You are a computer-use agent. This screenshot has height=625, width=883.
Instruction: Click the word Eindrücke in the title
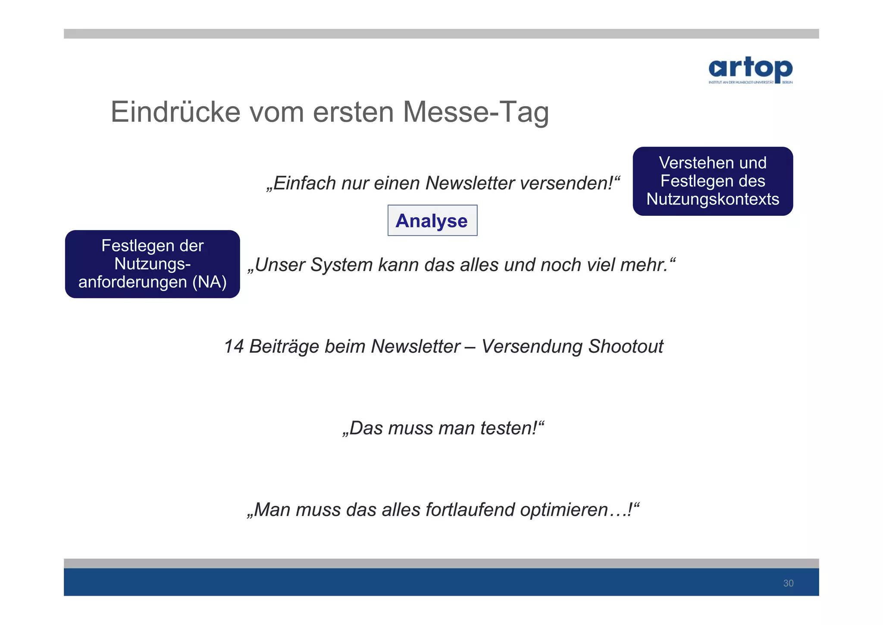pyautogui.click(x=175, y=112)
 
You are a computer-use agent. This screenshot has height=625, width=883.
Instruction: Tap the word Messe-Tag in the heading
pyautogui.click(x=476, y=112)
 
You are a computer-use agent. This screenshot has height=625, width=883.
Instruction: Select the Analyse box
pyautogui.click(x=432, y=221)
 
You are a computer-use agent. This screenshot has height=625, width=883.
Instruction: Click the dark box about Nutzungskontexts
pyautogui.click(x=712, y=181)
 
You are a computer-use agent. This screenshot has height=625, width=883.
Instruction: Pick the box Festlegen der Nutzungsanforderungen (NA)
pyautogui.click(x=152, y=264)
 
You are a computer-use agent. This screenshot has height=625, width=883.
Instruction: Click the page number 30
pyautogui.click(x=788, y=583)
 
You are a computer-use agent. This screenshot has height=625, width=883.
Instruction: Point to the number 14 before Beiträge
pyautogui.click(x=234, y=347)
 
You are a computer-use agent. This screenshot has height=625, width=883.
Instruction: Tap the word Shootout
pyautogui.click(x=626, y=347)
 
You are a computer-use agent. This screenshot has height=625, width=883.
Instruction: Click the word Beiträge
pyautogui.click(x=285, y=347)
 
